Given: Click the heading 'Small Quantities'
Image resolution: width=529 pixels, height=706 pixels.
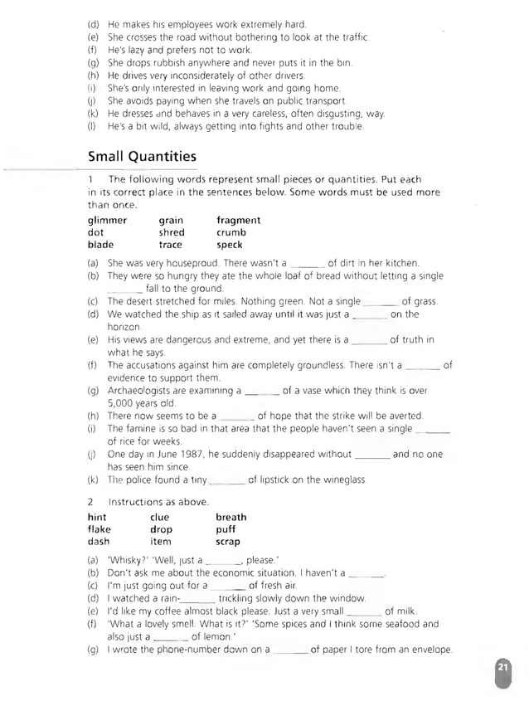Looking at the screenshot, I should point(142,156).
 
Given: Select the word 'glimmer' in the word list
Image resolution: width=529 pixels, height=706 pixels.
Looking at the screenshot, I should point(108,221).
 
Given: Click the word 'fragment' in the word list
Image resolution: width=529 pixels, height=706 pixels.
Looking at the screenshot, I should point(238,221).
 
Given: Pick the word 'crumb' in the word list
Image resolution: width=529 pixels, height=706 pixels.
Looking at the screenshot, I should point(231,233).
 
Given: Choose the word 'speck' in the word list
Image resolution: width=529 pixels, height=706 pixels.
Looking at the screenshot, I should point(230,246).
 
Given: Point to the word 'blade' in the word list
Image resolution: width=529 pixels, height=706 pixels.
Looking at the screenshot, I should point(101,246).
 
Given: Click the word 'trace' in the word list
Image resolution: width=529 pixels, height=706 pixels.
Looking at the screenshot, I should point(171,246).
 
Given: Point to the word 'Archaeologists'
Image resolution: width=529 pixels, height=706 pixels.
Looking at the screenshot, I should point(141,390).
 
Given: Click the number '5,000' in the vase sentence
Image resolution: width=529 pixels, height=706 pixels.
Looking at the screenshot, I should point(122,402).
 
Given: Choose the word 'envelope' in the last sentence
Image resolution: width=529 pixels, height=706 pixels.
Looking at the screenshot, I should point(432,650).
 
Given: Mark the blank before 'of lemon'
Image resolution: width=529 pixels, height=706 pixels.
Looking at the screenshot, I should point(172,637).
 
